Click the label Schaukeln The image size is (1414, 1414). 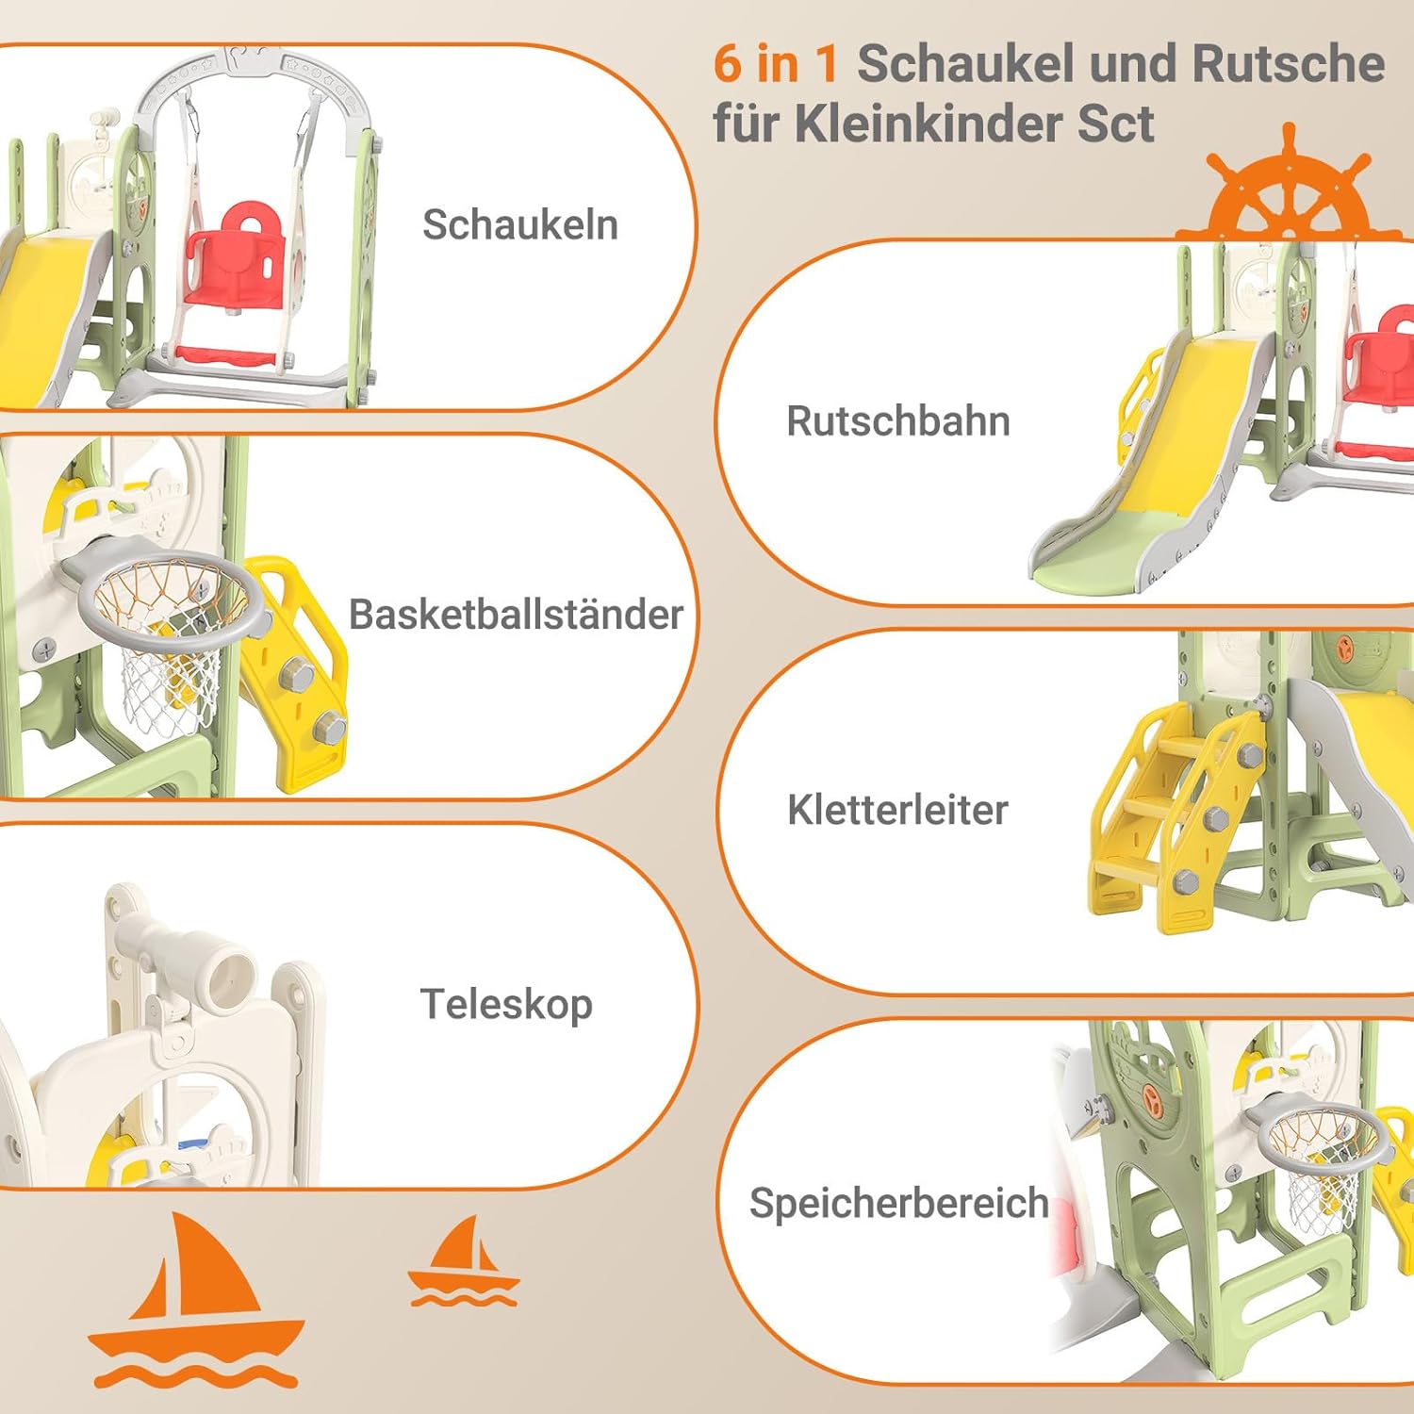tap(520, 225)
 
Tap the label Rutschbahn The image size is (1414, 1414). tap(898, 421)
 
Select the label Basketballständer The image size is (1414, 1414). tap(516, 615)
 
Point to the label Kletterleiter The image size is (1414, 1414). tap(897, 810)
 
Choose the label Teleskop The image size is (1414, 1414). tap(506, 1005)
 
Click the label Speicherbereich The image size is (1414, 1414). tap(898, 1203)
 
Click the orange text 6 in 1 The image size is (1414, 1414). tap(776, 64)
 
